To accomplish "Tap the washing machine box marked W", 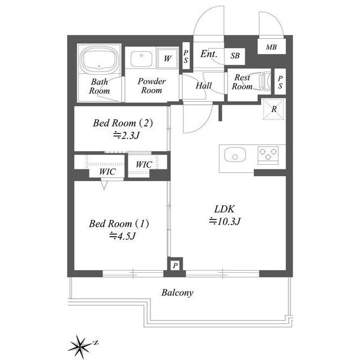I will [168, 58].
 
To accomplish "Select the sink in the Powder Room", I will [141, 58].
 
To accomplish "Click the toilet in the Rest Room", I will [262, 81].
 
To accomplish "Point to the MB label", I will [271, 47].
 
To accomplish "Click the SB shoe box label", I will [235, 56].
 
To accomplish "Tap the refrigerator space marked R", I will [273, 109].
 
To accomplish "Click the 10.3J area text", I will [225, 221].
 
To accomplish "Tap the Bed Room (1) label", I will [119, 223].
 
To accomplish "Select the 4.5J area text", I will [123, 236].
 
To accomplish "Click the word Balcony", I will [178, 292].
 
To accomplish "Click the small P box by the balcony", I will [175, 265].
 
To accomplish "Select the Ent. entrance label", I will [208, 55].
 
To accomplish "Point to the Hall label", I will [203, 85].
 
